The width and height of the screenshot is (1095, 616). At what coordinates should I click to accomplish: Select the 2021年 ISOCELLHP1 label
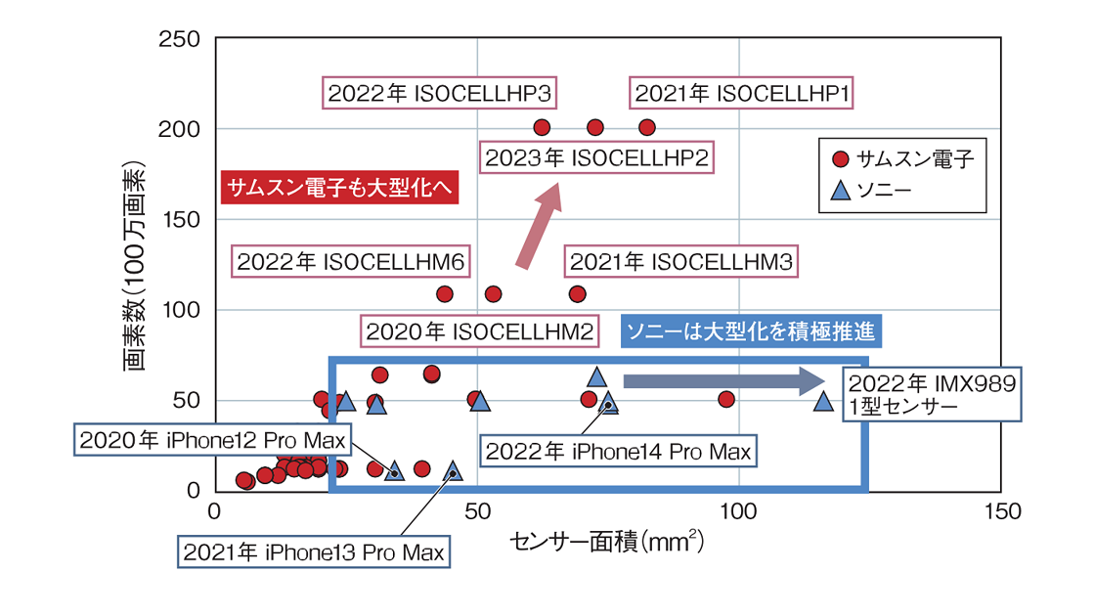point(741,94)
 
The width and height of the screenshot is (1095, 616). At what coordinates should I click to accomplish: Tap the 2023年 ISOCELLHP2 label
point(595,157)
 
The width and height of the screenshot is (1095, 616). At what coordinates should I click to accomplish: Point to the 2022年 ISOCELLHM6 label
point(350,262)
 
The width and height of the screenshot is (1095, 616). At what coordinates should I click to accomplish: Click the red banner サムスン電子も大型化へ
point(339,188)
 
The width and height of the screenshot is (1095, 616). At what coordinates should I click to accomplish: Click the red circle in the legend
point(840,159)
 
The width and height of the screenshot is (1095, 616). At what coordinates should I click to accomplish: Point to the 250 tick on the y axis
point(187,39)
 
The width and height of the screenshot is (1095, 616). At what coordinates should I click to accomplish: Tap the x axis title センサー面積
point(606,541)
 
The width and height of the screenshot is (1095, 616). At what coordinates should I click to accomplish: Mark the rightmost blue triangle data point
point(824,401)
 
